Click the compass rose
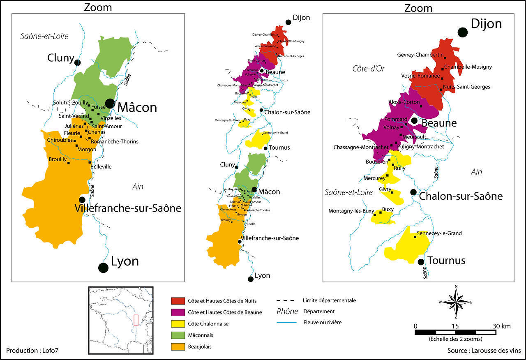(x=456, y=302)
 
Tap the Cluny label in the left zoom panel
(x=60, y=58)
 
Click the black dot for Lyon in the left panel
(x=103, y=268)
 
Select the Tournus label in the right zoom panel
(x=446, y=261)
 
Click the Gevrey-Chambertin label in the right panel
(x=420, y=55)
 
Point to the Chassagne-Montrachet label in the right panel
(x=361, y=147)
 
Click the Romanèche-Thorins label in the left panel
(x=115, y=142)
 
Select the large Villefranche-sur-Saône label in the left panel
(x=128, y=208)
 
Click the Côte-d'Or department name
(x=368, y=69)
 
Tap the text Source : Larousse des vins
(x=484, y=351)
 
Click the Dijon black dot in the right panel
(x=463, y=32)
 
